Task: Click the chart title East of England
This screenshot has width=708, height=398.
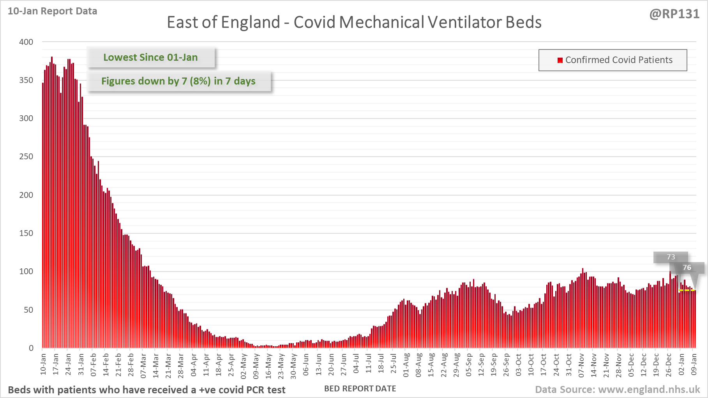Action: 354,22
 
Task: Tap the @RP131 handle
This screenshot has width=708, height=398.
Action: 674,14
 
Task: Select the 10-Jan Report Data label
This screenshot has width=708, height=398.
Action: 52,11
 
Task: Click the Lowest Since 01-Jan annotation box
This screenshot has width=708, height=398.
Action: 150,57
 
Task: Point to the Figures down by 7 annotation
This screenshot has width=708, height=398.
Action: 178,81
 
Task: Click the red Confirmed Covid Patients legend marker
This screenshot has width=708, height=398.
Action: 560,60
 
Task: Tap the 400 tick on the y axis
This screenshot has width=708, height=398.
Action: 26,42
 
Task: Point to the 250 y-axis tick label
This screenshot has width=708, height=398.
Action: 26,157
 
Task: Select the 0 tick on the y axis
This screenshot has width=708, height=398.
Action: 31,348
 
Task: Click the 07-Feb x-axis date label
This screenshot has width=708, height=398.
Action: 94,365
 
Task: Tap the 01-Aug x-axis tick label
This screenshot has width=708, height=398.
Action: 406,365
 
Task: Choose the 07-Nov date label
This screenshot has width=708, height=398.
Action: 581,365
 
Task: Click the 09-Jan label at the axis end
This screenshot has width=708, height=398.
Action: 694,365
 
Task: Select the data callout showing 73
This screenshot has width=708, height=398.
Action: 671,257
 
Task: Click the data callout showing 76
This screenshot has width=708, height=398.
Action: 687,268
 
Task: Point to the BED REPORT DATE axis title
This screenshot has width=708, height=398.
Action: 360,389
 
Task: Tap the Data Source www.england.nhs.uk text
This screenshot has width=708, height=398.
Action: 617,389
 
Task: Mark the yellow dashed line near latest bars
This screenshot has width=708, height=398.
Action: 687,290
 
